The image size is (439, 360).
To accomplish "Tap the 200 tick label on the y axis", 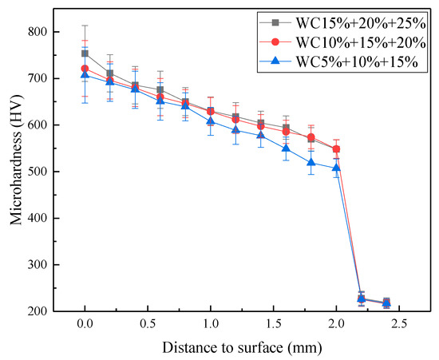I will (x=37, y=311).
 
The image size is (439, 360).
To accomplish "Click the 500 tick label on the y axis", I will (x=37, y=172).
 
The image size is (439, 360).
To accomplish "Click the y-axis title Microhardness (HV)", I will (x=14, y=171).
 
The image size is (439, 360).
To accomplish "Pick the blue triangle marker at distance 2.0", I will (x=336, y=168).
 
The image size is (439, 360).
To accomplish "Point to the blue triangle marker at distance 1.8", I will (x=311, y=163).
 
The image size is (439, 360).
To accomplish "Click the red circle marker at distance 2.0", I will (x=336, y=149).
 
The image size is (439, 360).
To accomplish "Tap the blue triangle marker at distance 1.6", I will (x=286, y=148).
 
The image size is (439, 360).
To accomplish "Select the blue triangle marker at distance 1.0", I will (x=211, y=121).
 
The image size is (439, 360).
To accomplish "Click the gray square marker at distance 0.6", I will (x=160, y=90).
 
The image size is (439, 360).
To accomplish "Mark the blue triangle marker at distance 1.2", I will (x=235, y=129).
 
